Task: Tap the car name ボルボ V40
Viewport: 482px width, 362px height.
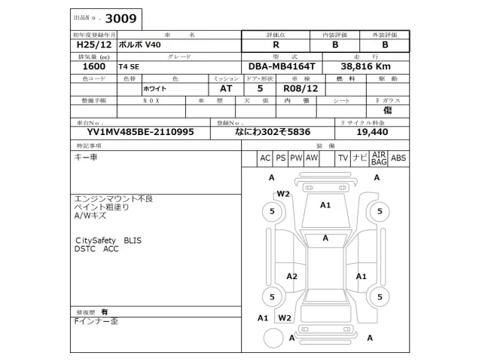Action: click(140, 44)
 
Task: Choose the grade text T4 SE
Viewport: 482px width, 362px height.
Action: click(130, 66)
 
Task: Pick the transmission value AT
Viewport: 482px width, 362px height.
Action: click(215, 88)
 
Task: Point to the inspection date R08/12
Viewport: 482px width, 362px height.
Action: click(302, 88)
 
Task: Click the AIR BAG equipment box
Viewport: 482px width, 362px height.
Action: click(379, 158)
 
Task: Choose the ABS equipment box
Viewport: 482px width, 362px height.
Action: click(398, 158)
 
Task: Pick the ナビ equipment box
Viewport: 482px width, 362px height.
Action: click(360, 158)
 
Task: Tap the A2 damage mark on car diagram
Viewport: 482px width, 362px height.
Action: click(291, 277)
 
